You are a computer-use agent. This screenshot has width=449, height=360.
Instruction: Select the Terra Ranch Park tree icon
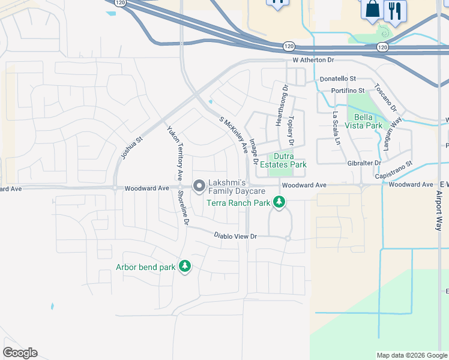click(279, 203)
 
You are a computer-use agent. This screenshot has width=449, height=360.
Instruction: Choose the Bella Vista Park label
click(369, 121)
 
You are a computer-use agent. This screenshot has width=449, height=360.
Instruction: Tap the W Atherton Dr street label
click(313, 61)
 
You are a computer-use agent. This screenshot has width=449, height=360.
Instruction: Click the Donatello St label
click(337, 79)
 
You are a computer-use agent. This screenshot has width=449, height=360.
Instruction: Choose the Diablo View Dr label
click(235, 236)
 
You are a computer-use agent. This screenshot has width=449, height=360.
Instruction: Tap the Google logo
click(20, 353)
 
